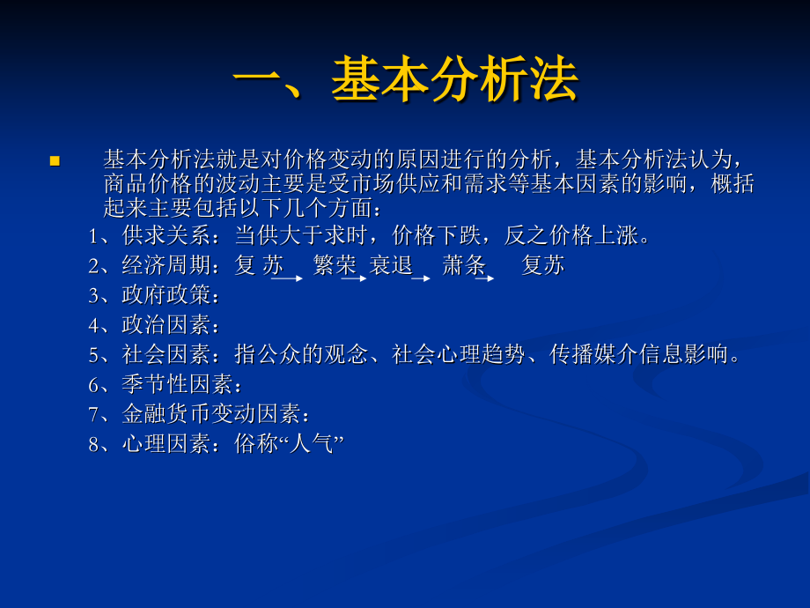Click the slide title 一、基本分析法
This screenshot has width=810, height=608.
[405, 82]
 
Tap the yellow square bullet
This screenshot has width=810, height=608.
[55, 160]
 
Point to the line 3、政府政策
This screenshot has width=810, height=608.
[153, 295]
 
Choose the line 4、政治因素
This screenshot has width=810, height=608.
[153, 325]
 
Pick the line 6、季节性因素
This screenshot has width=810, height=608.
[164, 385]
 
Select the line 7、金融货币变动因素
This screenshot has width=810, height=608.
[198, 414]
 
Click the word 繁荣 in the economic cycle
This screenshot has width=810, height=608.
[335, 265]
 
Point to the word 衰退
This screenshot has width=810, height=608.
[391, 265]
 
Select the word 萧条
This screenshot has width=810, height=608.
[464, 265]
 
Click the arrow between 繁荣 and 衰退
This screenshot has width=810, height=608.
[354, 278]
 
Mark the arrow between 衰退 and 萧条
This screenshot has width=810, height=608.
[421, 278]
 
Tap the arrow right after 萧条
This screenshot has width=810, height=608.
[485, 278]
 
